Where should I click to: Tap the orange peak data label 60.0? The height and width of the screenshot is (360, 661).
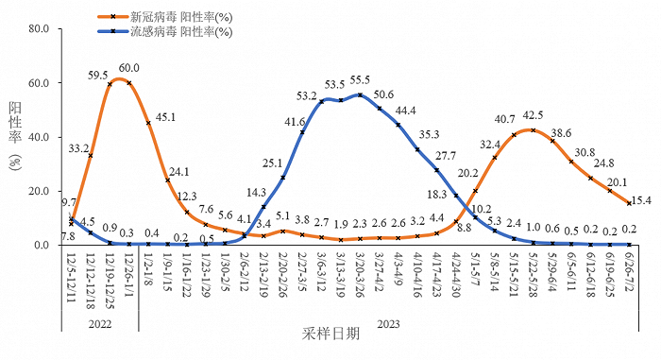point(129,68)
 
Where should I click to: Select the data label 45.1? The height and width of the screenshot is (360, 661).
point(165,117)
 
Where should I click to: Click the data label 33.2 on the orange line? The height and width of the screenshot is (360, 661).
point(78,147)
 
